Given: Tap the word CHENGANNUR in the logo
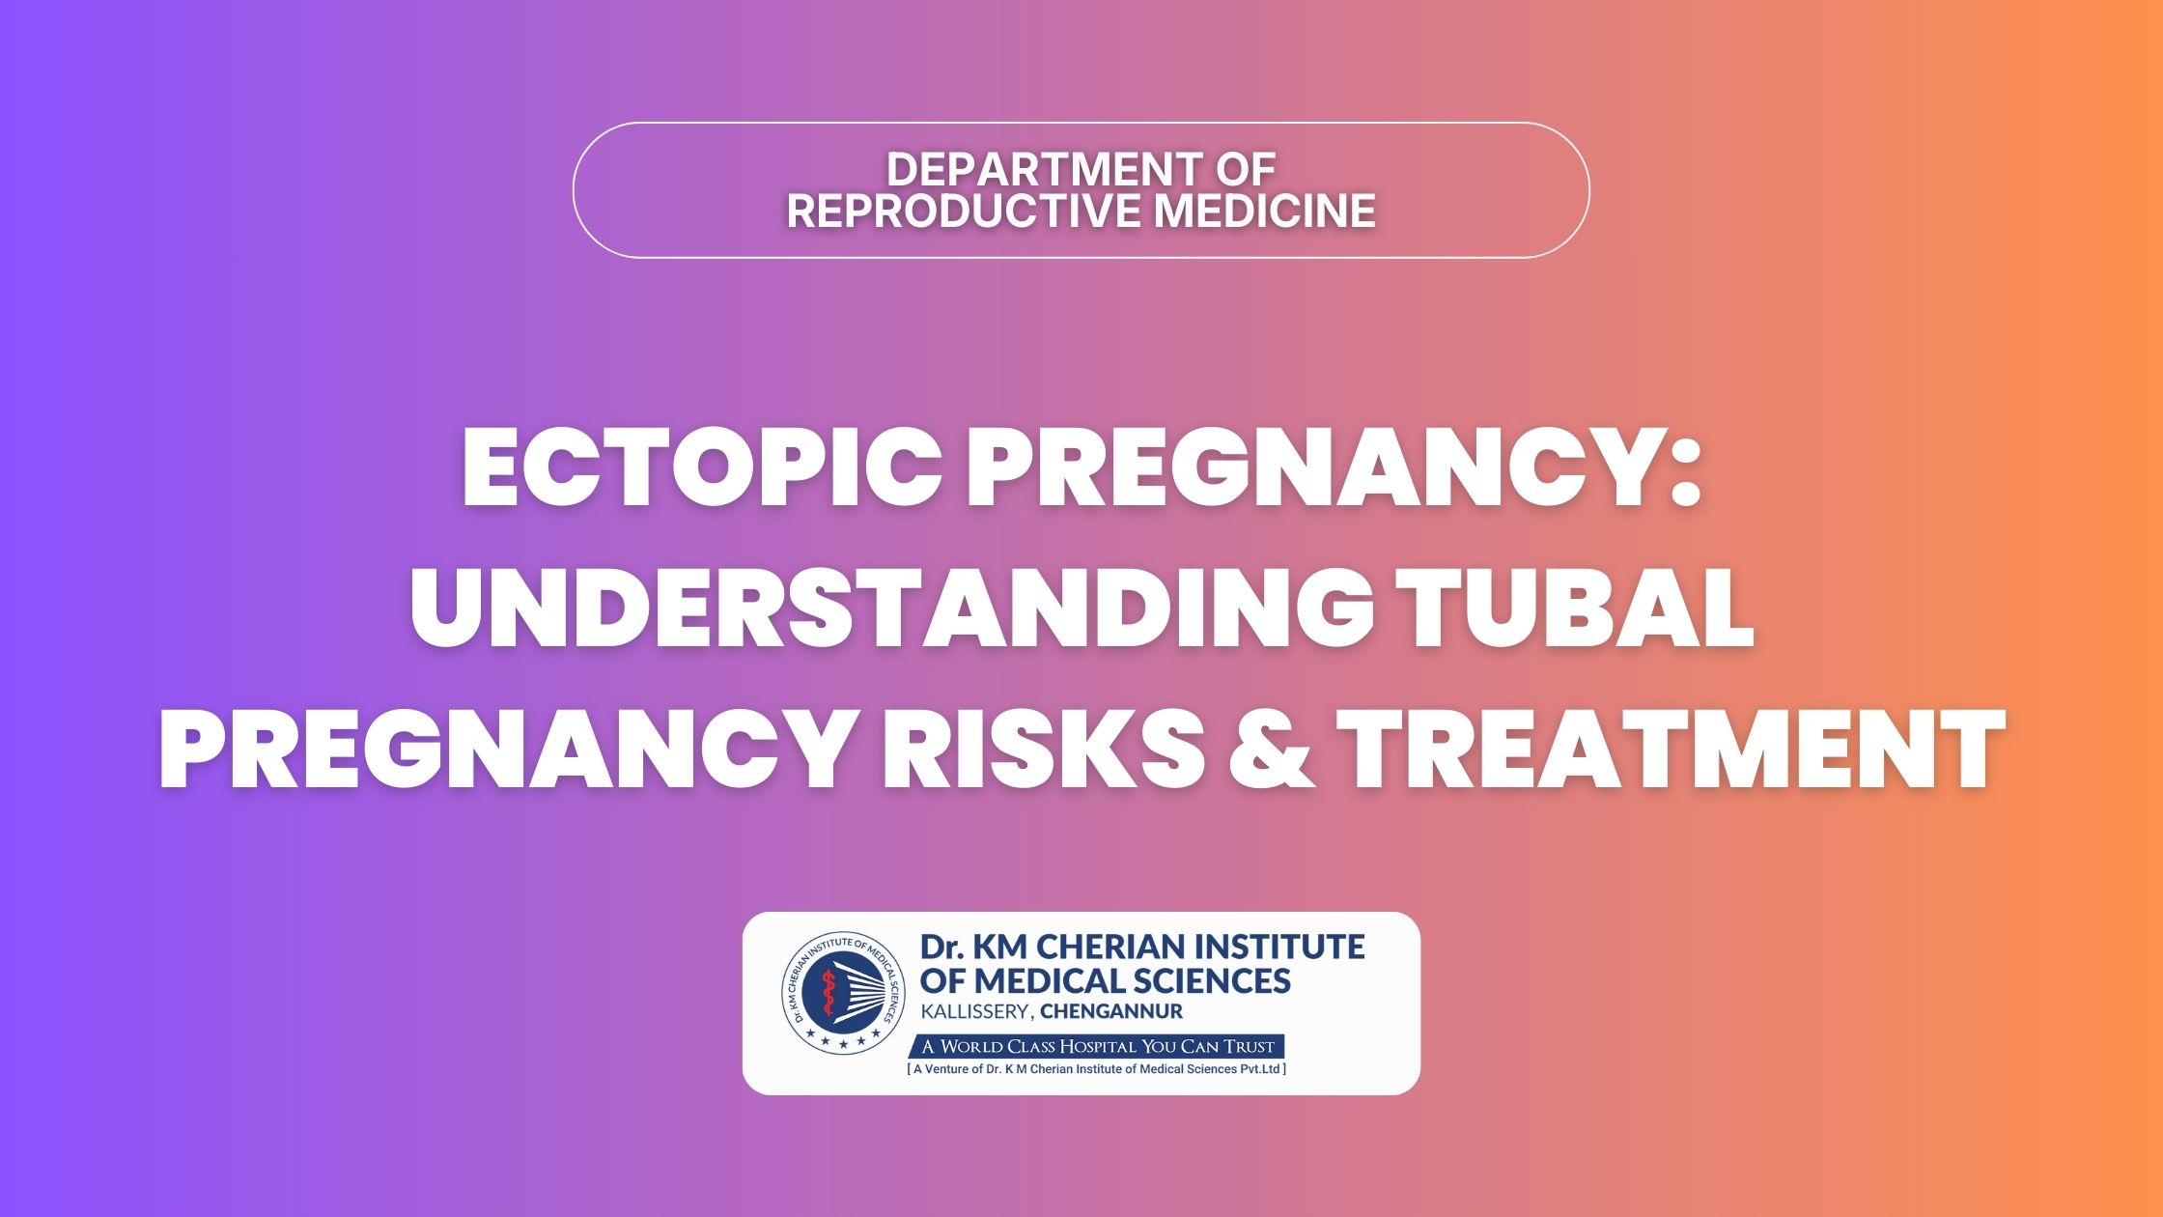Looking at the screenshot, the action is (1111, 1012).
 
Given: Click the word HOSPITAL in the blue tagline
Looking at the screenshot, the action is (1098, 1046).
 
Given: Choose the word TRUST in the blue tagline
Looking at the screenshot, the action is (1250, 1046).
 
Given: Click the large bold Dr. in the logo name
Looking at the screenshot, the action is (941, 947).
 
